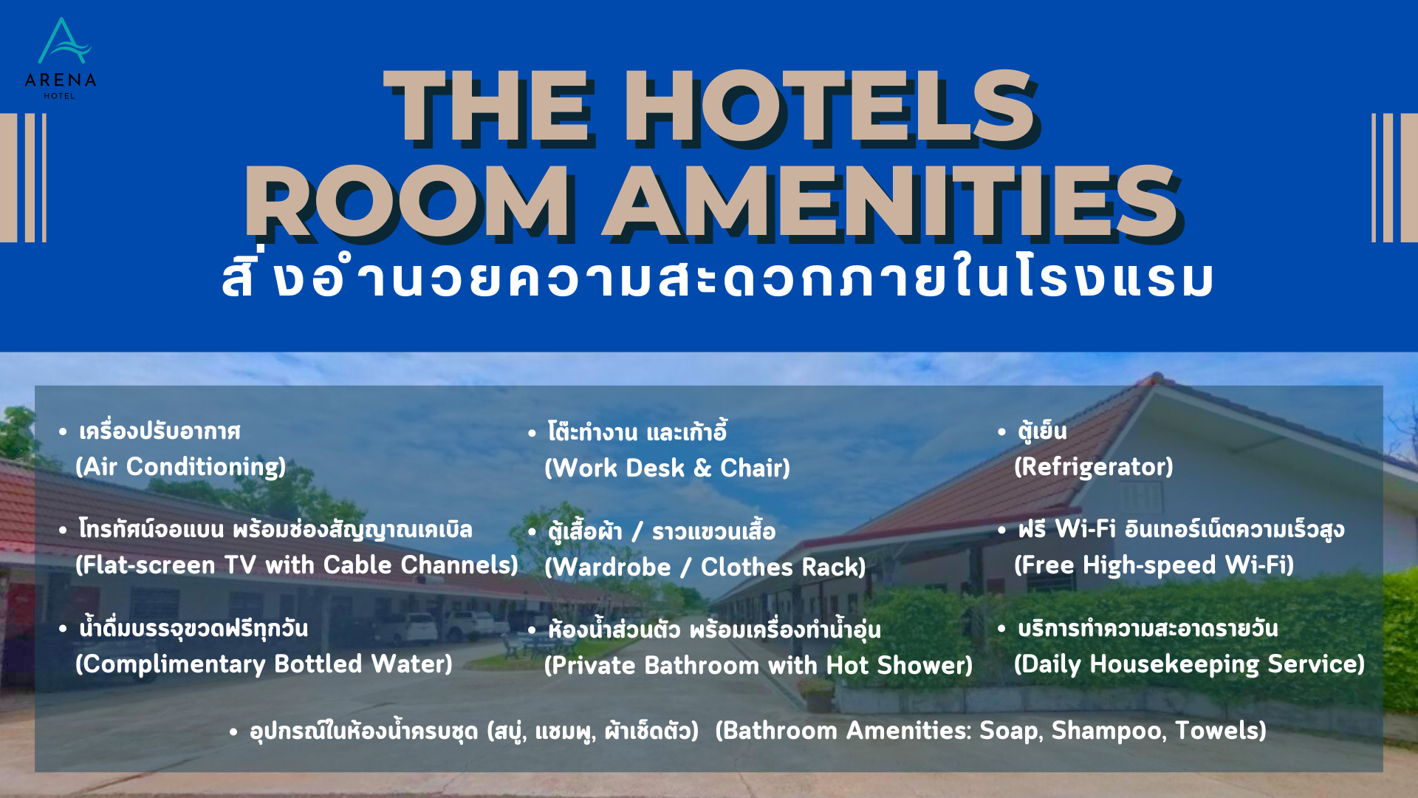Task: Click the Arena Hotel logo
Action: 61,58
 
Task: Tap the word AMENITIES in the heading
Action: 891,202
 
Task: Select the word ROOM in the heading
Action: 407,202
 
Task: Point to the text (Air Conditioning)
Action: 180,467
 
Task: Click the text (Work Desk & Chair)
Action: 667,468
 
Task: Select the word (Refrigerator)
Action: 1093,467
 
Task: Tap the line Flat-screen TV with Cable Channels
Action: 297,565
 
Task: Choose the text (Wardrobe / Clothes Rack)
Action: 705,567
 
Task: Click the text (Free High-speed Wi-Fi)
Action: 1154,565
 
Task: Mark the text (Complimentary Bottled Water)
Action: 264,664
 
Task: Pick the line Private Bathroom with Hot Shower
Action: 758,666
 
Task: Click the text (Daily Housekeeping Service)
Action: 1189,664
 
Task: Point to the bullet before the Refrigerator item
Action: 1001,432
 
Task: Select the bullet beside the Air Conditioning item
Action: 63,432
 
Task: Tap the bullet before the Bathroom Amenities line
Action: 233,732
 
